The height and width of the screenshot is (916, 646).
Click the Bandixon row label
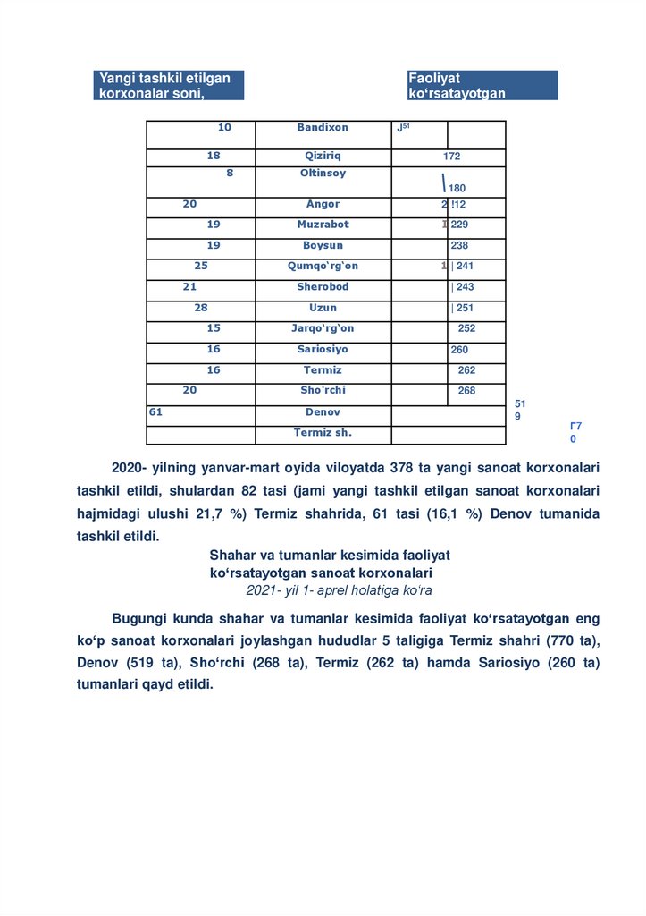(323, 128)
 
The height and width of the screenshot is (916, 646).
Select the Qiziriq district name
(323, 156)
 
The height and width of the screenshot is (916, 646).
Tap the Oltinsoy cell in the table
(323, 174)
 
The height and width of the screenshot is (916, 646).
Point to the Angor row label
(323, 204)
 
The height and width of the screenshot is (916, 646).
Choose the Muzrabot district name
(323, 225)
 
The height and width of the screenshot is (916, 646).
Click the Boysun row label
(323, 245)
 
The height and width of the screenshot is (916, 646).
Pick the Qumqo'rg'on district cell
(323, 266)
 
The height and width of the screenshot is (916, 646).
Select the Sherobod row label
(323, 287)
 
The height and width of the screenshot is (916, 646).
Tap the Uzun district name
(323, 308)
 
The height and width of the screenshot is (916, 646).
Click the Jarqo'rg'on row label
(323, 328)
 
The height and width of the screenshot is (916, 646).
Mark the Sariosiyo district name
(323, 349)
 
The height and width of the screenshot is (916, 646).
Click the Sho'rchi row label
(323, 390)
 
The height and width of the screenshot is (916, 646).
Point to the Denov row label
(323, 412)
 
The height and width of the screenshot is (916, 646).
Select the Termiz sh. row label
(323, 433)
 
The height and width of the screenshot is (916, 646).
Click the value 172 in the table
(451, 157)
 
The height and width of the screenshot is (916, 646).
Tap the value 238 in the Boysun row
(459, 245)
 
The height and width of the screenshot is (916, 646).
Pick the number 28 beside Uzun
(200, 308)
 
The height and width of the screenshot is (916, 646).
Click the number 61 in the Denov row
(155, 412)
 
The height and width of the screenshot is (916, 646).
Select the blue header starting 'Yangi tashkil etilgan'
(168, 85)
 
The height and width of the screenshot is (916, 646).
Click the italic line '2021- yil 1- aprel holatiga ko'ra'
(339, 590)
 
